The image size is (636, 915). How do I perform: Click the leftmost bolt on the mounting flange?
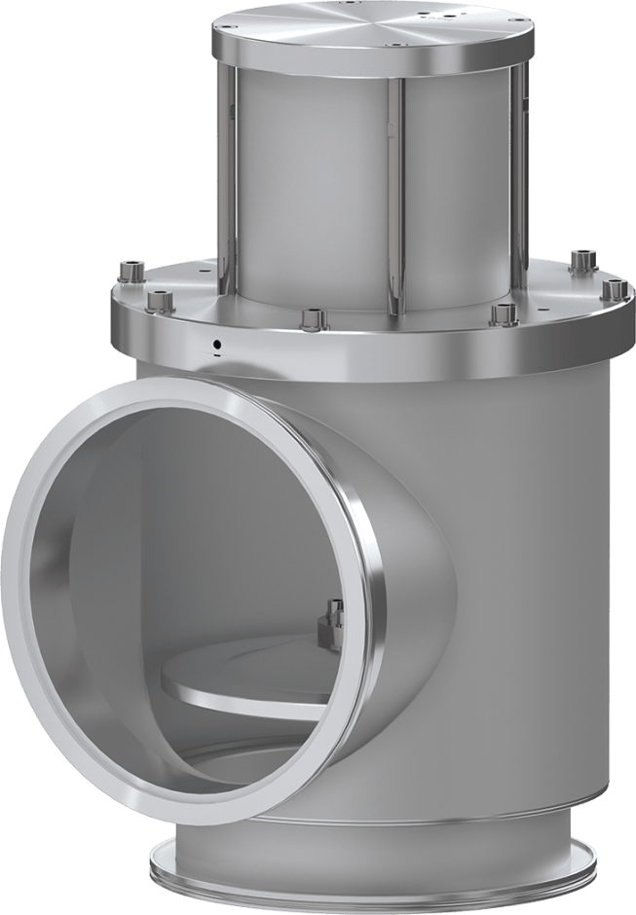(x=129, y=268)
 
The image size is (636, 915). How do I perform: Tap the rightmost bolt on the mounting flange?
(x=612, y=288)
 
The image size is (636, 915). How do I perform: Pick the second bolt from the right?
(x=581, y=259)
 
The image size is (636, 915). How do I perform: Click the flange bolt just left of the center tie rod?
(x=311, y=318)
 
